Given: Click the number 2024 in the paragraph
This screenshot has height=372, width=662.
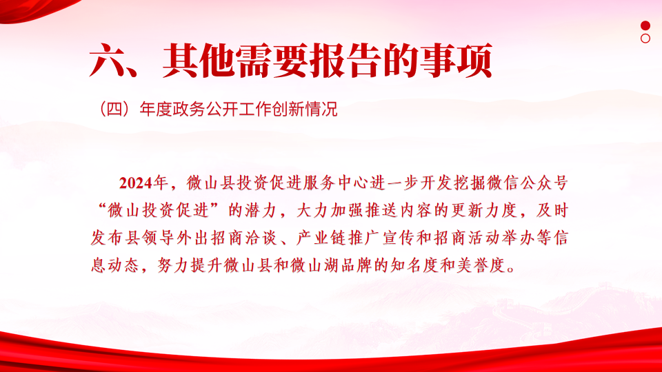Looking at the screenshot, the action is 136,183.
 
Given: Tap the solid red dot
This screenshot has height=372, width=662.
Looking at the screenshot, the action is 645,25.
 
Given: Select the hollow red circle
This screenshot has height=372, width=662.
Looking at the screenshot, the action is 645,39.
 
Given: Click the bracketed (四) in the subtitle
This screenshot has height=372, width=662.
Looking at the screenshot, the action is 114,110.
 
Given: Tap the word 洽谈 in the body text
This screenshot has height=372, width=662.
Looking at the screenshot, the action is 260,238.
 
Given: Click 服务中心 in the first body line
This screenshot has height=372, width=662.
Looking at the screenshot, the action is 336,183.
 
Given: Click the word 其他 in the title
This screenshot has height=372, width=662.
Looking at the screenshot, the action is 198,61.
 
